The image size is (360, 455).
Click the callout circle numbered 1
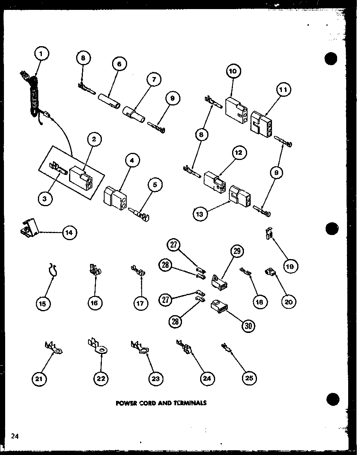[42, 53]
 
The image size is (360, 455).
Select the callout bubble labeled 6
[119, 64]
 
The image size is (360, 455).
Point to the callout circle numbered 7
[154, 79]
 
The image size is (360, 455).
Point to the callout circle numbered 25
[249, 378]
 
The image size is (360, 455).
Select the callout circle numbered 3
[45, 199]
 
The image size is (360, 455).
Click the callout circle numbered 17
[141, 303]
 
